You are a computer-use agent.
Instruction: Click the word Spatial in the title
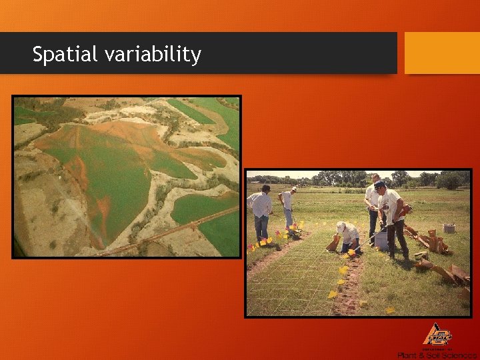click(65, 54)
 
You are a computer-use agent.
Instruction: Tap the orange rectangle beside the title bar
click(442, 53)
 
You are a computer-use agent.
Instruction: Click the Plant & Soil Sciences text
click(437, 355)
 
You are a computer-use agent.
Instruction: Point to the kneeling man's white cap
click(341, 227)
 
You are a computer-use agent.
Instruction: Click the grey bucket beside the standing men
click(381, 239)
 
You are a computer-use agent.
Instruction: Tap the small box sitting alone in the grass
click(449, 228)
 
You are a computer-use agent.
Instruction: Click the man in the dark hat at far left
click(260, 211)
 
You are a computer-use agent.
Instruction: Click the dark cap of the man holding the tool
click(380, 185)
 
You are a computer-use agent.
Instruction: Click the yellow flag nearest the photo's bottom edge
click(390, 310)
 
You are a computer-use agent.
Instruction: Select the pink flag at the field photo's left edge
click(251, 247)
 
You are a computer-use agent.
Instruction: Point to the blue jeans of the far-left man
click(261, 227)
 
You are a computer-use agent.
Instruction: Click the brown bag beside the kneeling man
click(333, 244)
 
